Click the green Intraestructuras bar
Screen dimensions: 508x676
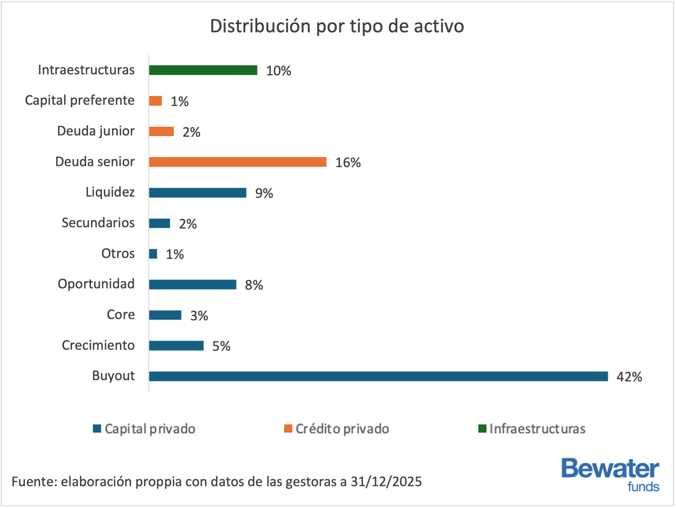point(203,70)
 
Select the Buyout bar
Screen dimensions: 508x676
point(378,376)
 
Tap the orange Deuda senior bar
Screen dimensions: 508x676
point(238,162)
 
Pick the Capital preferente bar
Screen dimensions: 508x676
point(156,101)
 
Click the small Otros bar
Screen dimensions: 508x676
point(153,254)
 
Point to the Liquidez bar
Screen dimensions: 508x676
point(198,193)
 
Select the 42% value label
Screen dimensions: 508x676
point(629,377)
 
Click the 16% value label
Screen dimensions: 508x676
point(348,163)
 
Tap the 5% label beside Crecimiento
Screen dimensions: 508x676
point(221,346)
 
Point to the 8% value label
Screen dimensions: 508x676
point(254,285)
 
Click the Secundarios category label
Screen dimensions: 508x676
point(98,223)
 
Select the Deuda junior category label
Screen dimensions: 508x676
point(96,131)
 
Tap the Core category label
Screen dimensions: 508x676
point(121,314)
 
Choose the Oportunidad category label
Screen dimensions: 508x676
point(96,284)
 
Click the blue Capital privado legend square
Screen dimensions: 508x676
point(97,429)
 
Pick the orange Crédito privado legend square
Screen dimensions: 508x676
point(288,429)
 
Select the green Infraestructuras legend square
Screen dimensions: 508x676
point(482,429)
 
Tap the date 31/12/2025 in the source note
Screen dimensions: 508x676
point(386,482)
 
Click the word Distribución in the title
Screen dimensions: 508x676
point(260,26)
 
